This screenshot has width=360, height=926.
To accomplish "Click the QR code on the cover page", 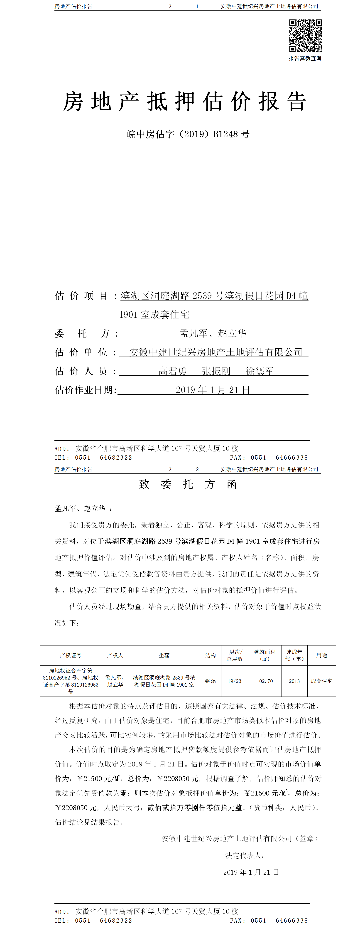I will click(x=305, y=36).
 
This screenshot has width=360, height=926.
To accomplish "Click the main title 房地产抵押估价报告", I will click(x=185, y=101).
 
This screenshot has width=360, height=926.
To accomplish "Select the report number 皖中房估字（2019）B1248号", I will click(x=188, y=134).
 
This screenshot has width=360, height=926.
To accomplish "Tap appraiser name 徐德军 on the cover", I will click(x=260, y=371).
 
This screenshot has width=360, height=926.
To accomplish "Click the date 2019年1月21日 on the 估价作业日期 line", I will click(x=213, y=390).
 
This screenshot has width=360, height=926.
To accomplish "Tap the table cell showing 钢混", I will click(x=211, y=681).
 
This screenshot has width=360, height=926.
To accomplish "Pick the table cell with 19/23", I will click(x=235, y=681).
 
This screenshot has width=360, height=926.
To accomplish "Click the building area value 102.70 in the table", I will click(x=265, y=681).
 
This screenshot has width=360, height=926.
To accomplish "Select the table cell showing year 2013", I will click(x=294, y=681).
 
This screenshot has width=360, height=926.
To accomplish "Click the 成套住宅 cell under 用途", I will click(x=322, y=681).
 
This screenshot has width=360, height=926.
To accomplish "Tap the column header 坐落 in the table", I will click(x=164, y=655).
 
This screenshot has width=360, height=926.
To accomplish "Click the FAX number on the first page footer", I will click(x=279, y=458).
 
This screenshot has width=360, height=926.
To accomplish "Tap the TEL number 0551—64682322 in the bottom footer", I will click(x=103, y=921).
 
